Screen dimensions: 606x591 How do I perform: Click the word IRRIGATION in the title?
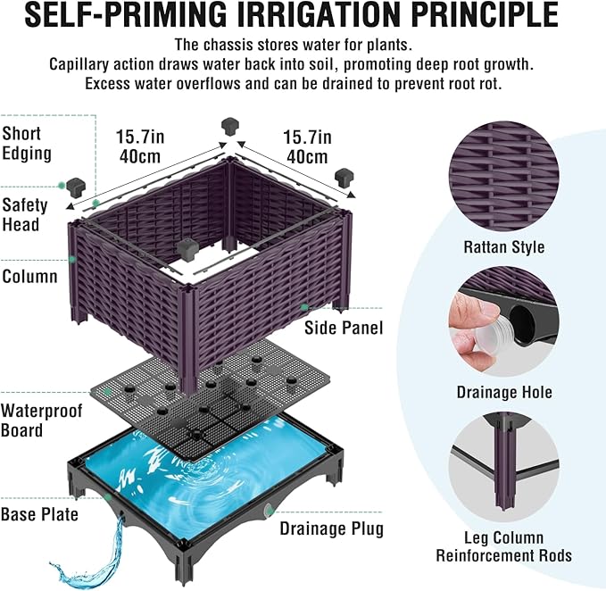[x=320, y=14]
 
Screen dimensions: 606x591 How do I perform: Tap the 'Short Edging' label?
[x=27, y=144]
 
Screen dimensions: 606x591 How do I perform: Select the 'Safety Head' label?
[x=25, y=215]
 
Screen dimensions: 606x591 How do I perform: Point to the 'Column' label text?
[x=29, y=277]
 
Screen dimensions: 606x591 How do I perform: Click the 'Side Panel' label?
[x=344, y=328]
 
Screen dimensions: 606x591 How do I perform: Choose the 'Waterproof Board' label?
[x=41, y=420]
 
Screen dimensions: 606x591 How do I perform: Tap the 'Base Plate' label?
[x=39, y=514]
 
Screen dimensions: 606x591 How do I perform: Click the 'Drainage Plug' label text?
[x=332, y=529]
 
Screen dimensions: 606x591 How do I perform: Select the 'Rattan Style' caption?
[x=504, y=247]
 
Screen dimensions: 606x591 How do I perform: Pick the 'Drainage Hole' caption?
[x=504, y=392]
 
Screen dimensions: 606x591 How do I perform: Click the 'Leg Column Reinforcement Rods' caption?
[x=504, y=546]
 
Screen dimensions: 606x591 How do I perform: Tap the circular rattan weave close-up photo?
[x=504, y=176]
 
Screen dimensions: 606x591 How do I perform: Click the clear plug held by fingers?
[x=493, y=336]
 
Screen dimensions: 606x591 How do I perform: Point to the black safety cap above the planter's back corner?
[x=230, y=127]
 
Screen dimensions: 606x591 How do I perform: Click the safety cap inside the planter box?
[x=187, y=249]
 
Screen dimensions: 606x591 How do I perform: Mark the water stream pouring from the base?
[x=93, y=556]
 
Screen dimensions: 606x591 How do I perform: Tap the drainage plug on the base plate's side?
[x=269, y=511]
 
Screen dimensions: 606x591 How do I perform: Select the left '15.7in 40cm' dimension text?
[x=140, y=146]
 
